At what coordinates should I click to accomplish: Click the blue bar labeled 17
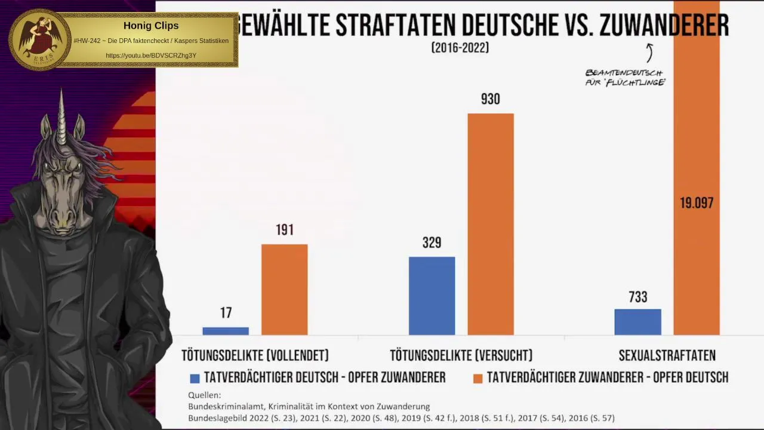tap(226, 331)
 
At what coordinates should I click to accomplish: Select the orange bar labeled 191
tap(285, 290)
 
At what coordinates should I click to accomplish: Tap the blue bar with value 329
tap(432, 296)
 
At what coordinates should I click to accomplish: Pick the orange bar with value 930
tap(491, 224)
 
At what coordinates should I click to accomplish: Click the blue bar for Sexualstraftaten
tap(637, 322)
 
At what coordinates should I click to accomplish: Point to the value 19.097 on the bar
tap(697, 203)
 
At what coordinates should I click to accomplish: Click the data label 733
tap(637, 297)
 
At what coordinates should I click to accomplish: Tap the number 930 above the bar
tap(491, 99)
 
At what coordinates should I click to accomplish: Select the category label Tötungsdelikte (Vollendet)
tap(255, 356)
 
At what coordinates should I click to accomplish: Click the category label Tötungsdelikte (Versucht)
tap(461, 356)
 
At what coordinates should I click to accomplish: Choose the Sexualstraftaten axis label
tap(667, 356)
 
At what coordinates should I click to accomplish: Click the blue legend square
tap(195, 378)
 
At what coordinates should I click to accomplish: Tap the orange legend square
tap(478, 378)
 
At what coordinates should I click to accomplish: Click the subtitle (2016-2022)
tap(460, 48)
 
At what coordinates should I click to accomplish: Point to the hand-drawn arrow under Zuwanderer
tap(649, 53)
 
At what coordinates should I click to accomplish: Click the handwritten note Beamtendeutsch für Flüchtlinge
tap(625, 78)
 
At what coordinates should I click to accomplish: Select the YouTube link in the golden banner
tap(151, 56)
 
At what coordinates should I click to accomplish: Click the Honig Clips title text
tap(151, 26)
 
